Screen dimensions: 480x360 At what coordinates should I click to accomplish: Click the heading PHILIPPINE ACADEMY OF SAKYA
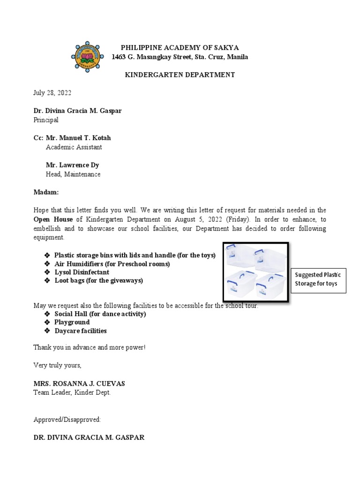pos(180,47)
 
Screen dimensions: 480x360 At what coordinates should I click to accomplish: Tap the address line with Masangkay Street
pos(180,57)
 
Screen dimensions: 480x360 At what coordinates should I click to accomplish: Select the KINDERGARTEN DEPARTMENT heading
pos(180,75)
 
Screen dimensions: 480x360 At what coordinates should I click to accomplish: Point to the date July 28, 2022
pos(52,93)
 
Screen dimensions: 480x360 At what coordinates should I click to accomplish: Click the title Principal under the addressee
pos(46,120)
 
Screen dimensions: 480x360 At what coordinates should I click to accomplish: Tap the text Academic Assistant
pos(74,147)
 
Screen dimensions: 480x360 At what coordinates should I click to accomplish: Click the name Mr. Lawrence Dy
pos(72,165)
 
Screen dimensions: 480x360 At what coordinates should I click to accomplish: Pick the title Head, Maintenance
pos(73,174)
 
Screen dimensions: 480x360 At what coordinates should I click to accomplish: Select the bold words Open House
pos(53,219)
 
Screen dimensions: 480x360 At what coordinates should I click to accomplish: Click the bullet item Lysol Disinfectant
pos(82,272)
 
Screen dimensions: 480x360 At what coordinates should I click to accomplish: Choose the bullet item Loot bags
pos(98,281)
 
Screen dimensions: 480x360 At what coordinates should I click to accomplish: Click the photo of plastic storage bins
pos(255,272)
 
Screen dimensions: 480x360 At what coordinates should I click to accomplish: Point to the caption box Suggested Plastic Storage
pos(318,279)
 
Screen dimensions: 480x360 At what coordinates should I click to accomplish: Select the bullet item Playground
pos(72,322)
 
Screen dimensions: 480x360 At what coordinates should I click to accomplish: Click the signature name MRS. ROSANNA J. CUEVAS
pos(79,383)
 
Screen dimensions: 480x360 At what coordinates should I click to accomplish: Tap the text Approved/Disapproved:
pos(67,419)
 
